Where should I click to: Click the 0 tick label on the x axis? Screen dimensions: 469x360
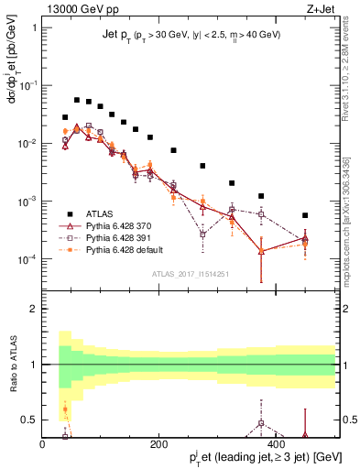tap(42, 444)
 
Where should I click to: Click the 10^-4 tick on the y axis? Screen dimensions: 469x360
tap(27, 259)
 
